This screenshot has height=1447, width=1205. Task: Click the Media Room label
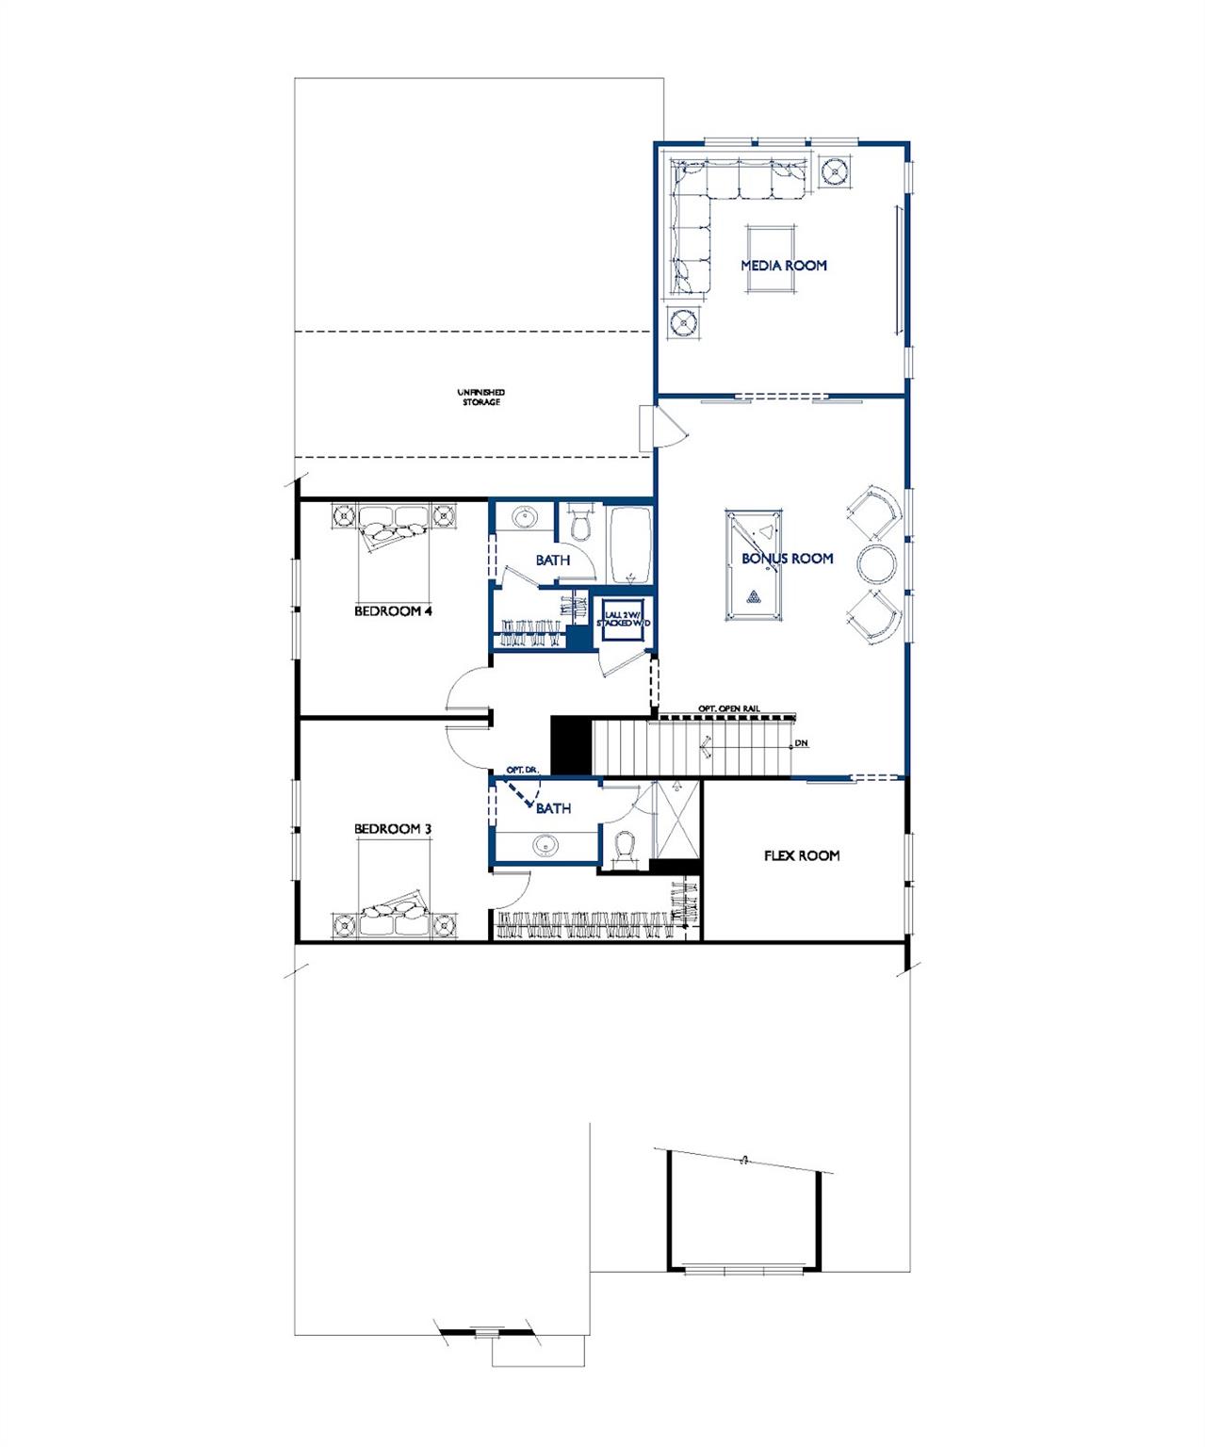point(783,266)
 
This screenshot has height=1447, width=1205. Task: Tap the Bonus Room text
point(787,559)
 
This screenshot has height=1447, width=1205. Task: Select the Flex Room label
point(801,856)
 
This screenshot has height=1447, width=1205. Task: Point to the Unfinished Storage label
point(480,397)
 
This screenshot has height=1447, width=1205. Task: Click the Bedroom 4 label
point(393,611)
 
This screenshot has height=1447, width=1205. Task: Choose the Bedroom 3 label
point(393,829)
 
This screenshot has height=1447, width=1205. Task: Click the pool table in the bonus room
point(753,565)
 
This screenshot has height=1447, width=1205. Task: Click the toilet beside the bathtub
point(580,523)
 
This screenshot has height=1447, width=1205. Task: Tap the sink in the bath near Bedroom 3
point(546,846)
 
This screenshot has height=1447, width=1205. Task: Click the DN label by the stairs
point(802,743)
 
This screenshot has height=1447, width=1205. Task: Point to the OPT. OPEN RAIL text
point(728,708)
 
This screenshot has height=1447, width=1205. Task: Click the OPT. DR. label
point(521,770)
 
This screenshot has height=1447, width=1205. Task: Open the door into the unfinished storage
point(671,429)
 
